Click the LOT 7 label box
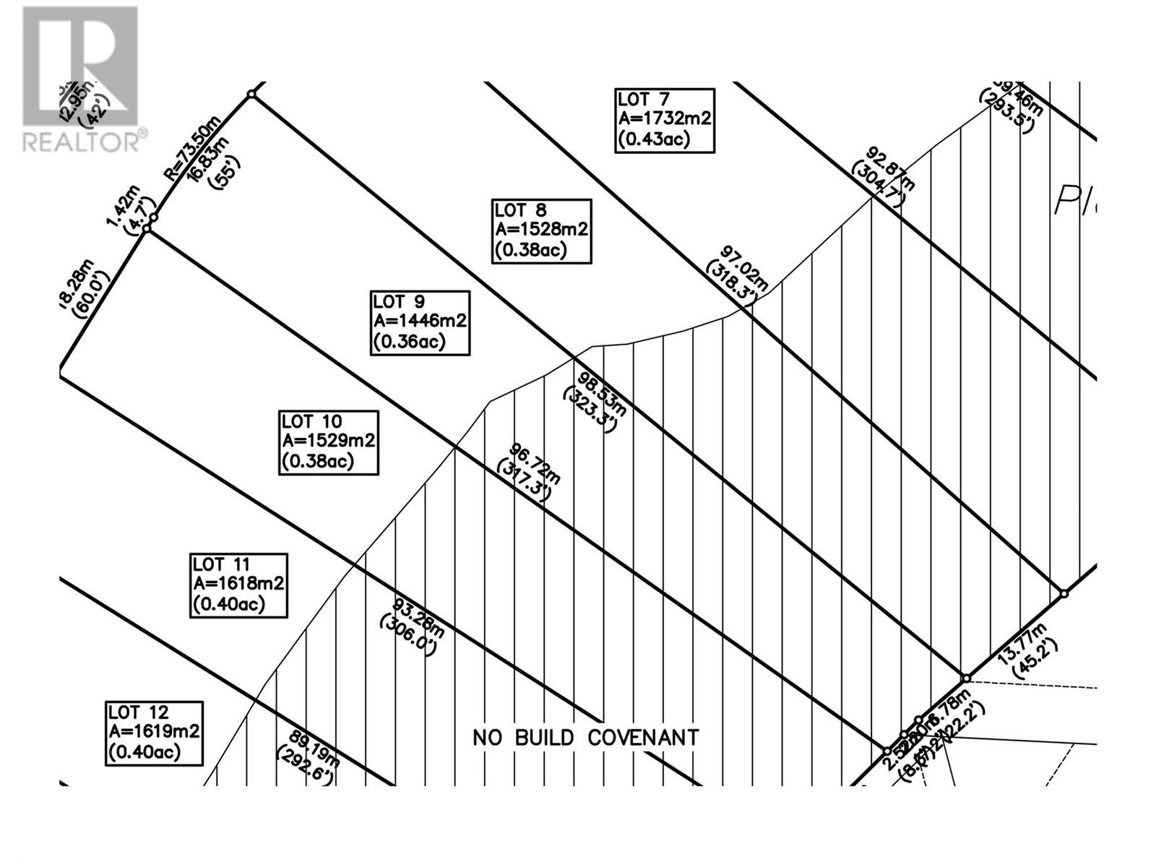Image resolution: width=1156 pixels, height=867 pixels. point(665,121)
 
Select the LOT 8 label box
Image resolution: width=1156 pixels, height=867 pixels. point(542,231)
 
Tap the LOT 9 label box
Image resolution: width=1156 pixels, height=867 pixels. point(420,323)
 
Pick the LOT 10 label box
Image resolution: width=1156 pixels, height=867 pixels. point(329,442)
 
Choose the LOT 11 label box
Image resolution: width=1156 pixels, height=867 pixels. point(239,585)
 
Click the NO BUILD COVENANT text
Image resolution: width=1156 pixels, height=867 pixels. point(586,738)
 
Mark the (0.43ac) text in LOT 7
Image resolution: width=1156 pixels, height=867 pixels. point(655,139)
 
